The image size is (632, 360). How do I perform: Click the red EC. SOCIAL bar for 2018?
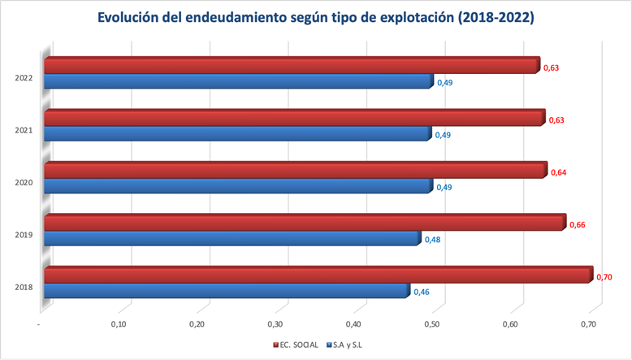[317, 275]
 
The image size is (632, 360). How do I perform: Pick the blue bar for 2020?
[236, 186]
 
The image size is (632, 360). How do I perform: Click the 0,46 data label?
[421, 292]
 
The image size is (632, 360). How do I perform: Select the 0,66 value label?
[576, 224]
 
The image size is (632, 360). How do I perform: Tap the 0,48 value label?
[432, 240]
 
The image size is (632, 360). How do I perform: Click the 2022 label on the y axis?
[24, 78]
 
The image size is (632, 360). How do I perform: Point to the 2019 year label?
[24, 235]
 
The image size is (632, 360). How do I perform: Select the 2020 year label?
[24, 183]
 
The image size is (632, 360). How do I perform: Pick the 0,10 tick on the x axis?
[120, 325]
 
